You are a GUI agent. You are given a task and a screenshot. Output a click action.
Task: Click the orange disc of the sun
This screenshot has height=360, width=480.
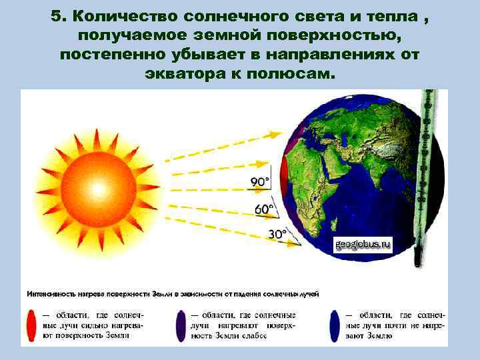100,188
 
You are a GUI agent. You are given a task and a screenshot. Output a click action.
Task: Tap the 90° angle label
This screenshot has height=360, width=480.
260,182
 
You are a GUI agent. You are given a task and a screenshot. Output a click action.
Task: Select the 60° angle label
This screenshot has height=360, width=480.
264,209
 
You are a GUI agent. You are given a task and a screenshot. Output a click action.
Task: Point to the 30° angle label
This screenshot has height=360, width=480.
277,234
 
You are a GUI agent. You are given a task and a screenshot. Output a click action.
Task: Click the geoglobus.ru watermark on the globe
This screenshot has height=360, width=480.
363,245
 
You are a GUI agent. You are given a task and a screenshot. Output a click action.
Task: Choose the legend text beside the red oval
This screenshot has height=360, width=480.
93,325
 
